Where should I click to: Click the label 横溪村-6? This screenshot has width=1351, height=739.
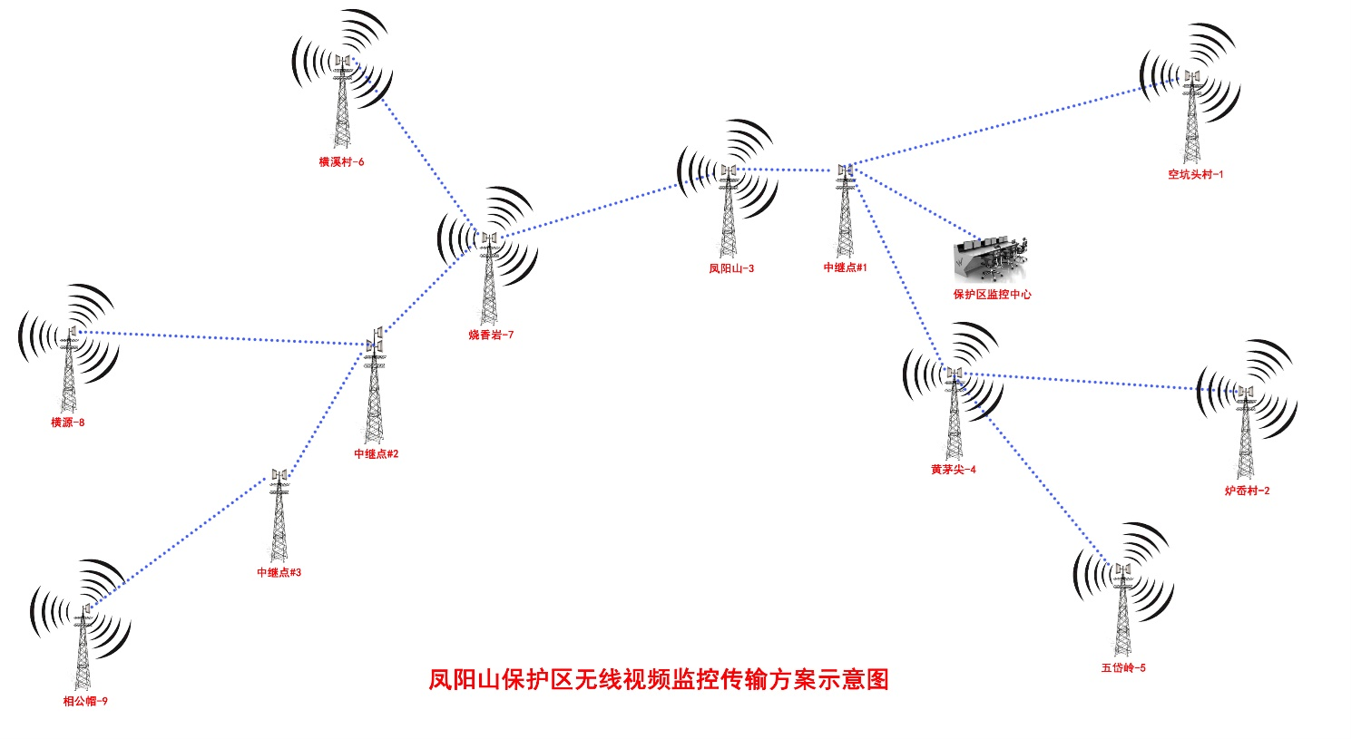tap(341, 162)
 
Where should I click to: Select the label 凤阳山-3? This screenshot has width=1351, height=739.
tap(731, 268)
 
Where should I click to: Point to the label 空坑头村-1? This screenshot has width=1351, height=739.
tap(1195, 174)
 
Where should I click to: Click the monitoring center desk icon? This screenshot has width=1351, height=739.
tap(992, 260)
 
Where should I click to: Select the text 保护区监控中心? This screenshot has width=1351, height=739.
tap(992, 295)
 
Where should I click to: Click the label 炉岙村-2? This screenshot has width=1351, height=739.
tap(1247, 491)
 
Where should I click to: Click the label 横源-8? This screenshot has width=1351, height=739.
tap(68, 423)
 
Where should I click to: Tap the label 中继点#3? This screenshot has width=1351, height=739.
tap(279, 573)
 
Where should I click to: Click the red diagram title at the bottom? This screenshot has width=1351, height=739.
tap(659, 679)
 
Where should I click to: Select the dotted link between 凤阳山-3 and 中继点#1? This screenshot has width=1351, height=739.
tap(786, 170)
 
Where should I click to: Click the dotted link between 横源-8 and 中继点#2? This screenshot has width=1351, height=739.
tap(218, 338)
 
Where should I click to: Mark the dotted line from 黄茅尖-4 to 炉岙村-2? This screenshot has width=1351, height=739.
tap(1098, 382)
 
